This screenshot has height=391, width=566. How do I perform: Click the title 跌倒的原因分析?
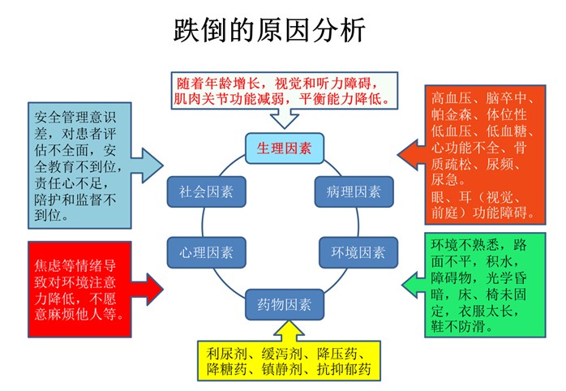pyautogui.click(x=269, y=30)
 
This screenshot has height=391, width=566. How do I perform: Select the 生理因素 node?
pyautogui.click(x=285, y=148)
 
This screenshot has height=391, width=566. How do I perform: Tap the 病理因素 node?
pyautogui.click(x=354, y=191)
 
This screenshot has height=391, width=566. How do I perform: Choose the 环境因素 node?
pyautogui.click(x=358, y=252)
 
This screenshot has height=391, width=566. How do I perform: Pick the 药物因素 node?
pyautogui.click(x=285, y=305)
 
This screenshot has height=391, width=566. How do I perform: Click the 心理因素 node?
pyautogui.click(x=207, y=252)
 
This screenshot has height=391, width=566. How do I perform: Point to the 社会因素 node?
pyautogui.click(x=207, y=191)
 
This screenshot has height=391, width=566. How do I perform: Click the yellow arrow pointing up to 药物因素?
pyautogui.click(x=289, y=331)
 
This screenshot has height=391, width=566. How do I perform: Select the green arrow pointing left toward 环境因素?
pyautogui.click(x=414, y=286)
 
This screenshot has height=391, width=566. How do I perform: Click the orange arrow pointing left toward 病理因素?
pyautogui.click(x=411, y=154)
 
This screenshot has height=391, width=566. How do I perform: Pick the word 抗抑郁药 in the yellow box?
pyautogui.click(x=344, y=369)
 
